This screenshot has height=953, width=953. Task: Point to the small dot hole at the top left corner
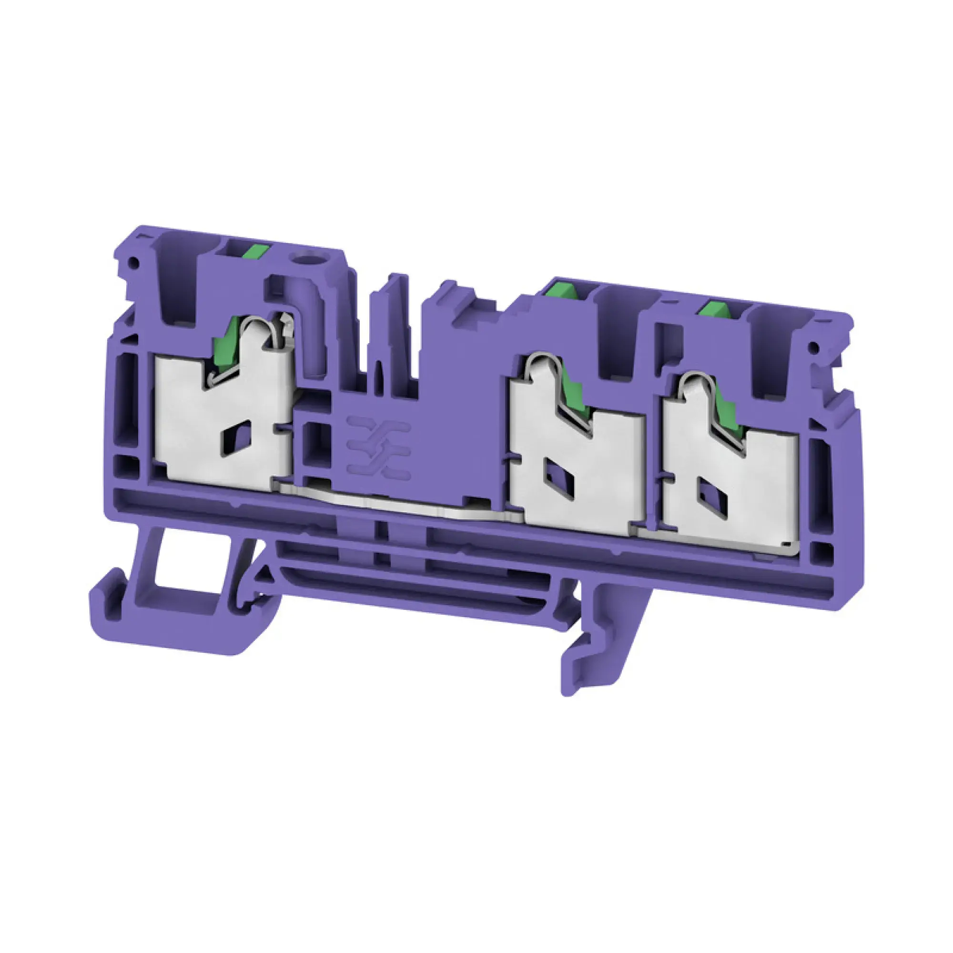[132, 262]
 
